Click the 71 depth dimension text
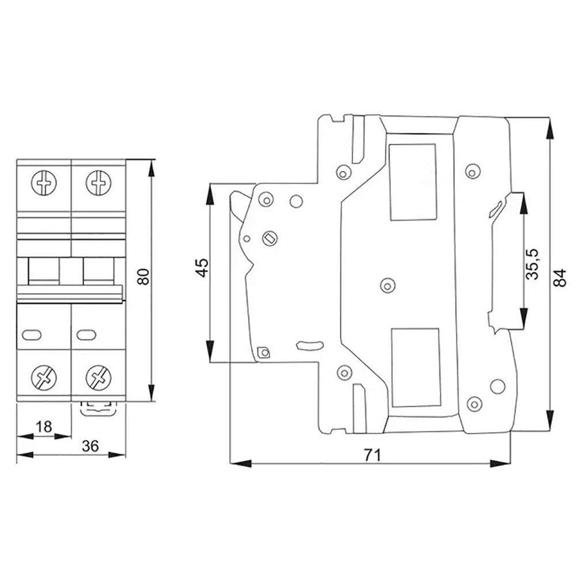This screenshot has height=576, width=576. point(373,454)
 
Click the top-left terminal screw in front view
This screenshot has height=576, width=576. point(44,183)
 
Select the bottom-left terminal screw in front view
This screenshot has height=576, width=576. point(44,378)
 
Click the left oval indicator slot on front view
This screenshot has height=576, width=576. point(31,334)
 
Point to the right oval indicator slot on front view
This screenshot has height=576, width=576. point(85,334)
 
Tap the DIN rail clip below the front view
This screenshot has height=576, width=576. point(97,408)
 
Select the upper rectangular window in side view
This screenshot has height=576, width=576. point(413,182)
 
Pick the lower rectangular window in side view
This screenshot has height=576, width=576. point(415,367)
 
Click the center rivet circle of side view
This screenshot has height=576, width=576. point(387,284)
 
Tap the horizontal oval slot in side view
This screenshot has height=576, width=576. point(308,345)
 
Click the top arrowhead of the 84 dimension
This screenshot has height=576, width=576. point(550,128)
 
